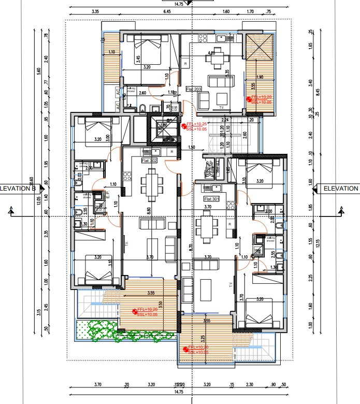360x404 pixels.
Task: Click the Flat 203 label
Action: pos(194,89)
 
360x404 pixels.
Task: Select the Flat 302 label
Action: pos(149,161)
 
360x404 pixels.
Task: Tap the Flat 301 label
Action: pos(212,199)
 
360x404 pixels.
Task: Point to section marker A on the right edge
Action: pos(342,210)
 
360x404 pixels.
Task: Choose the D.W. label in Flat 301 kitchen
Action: pos(207,187)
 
